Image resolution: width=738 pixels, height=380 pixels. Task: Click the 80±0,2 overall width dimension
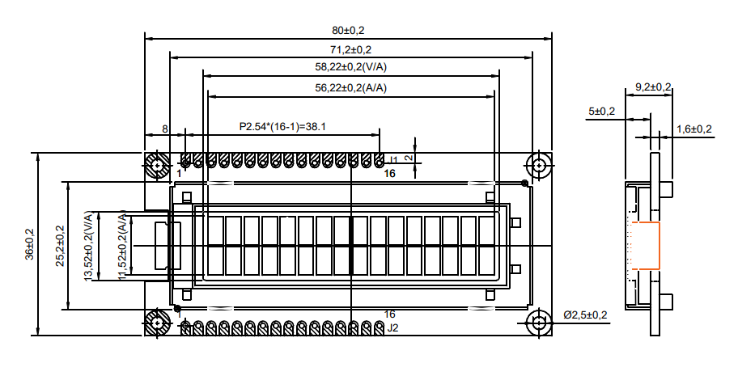pos(348,31)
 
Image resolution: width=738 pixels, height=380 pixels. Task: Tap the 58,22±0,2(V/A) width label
pos(350,67)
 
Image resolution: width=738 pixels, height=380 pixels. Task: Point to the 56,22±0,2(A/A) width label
pos(350,87)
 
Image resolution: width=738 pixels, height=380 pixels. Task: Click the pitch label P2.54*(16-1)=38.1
pos(282,126)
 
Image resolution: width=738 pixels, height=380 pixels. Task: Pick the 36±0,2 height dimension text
pos(30,243)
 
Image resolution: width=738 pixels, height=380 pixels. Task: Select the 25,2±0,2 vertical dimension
pos(59,245)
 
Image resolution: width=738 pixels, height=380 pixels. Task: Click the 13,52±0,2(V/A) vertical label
pos(88,246)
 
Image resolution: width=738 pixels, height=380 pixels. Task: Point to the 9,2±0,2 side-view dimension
pos(653,87)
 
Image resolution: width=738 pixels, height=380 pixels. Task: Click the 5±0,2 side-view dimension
pos(601,111)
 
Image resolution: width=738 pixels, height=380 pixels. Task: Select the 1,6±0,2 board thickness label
pos(693,129)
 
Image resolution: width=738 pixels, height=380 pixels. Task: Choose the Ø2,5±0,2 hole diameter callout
pos(584,314)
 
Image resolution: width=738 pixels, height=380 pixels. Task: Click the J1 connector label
pos(393,160)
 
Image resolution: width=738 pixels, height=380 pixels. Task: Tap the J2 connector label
pos(393,327)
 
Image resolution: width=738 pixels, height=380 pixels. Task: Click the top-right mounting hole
pos(539,165)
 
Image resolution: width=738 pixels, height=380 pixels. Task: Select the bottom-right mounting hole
pos(539,323)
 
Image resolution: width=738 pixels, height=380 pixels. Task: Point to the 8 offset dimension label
pos(165,129)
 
